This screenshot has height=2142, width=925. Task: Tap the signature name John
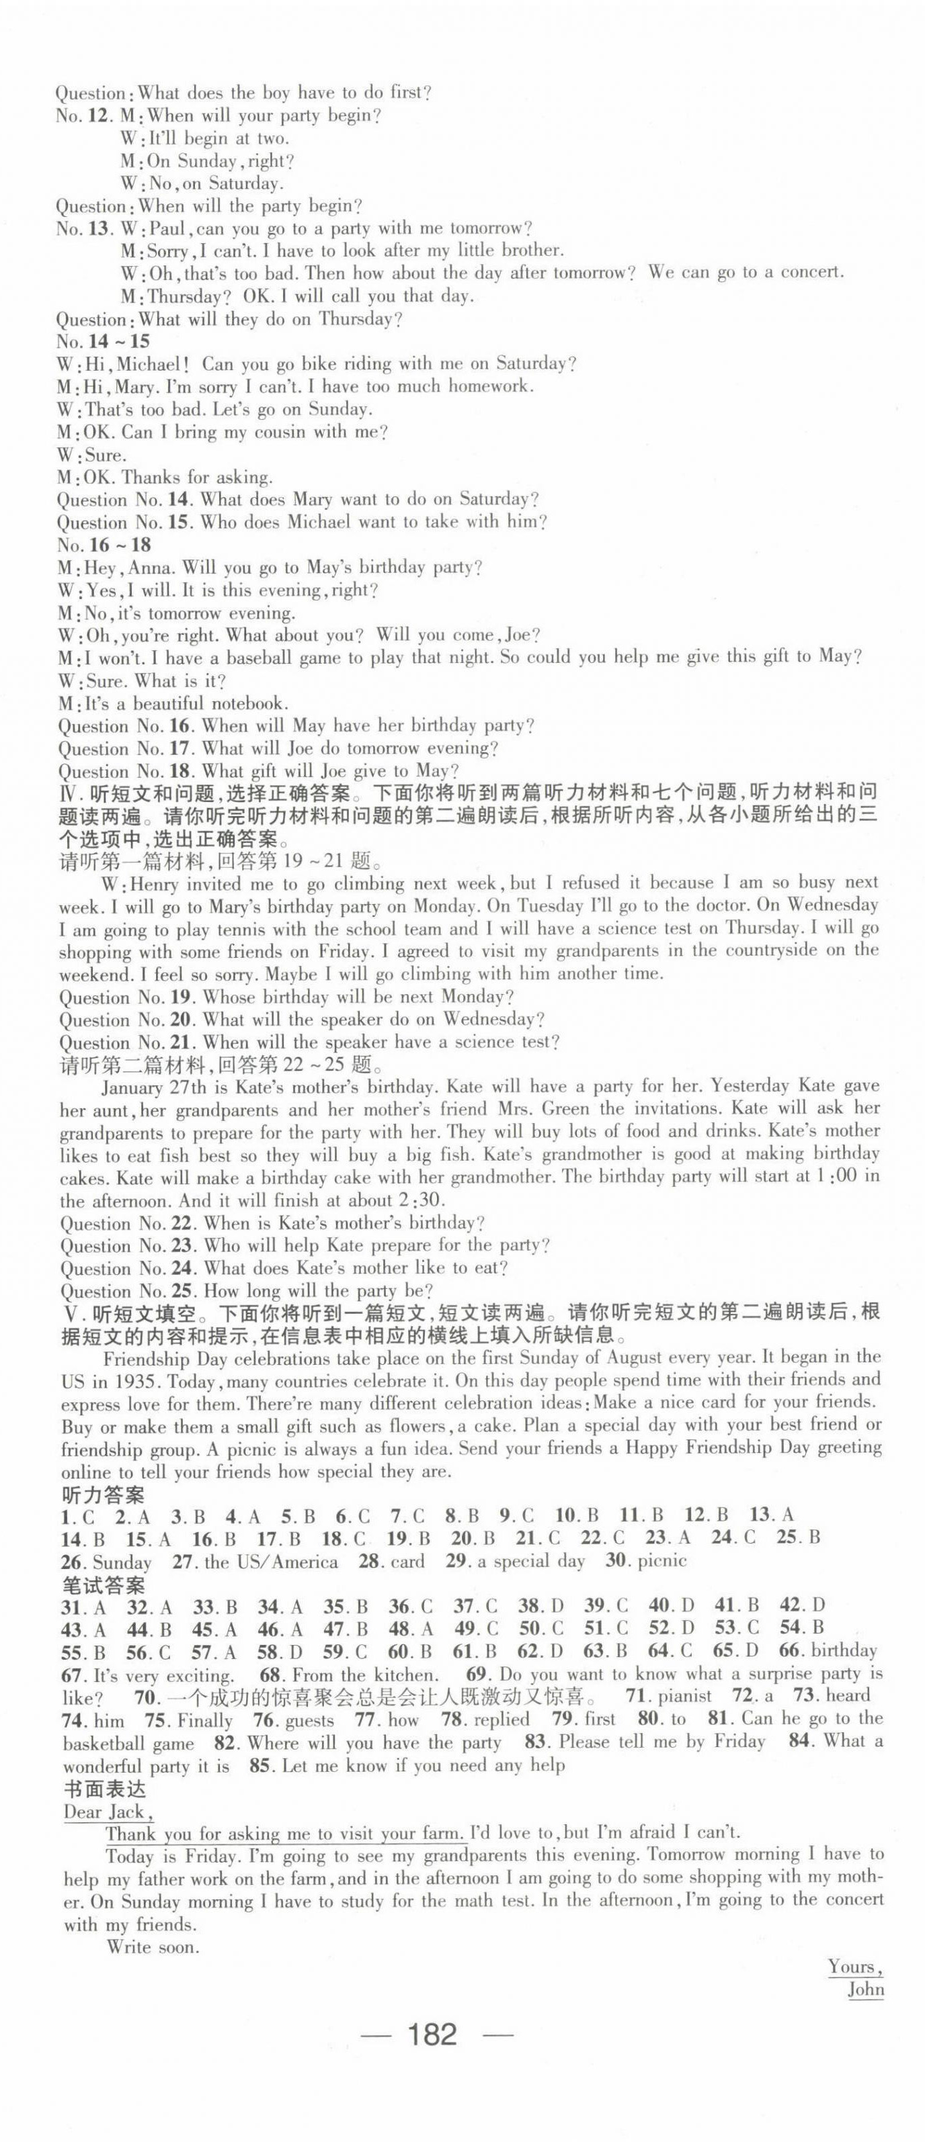coord(865,1990)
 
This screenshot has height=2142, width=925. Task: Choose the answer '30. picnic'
coord(645,1561)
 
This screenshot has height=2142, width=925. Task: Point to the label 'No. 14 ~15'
coord(102,341)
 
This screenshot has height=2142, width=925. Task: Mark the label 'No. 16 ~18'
coord(102,545)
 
